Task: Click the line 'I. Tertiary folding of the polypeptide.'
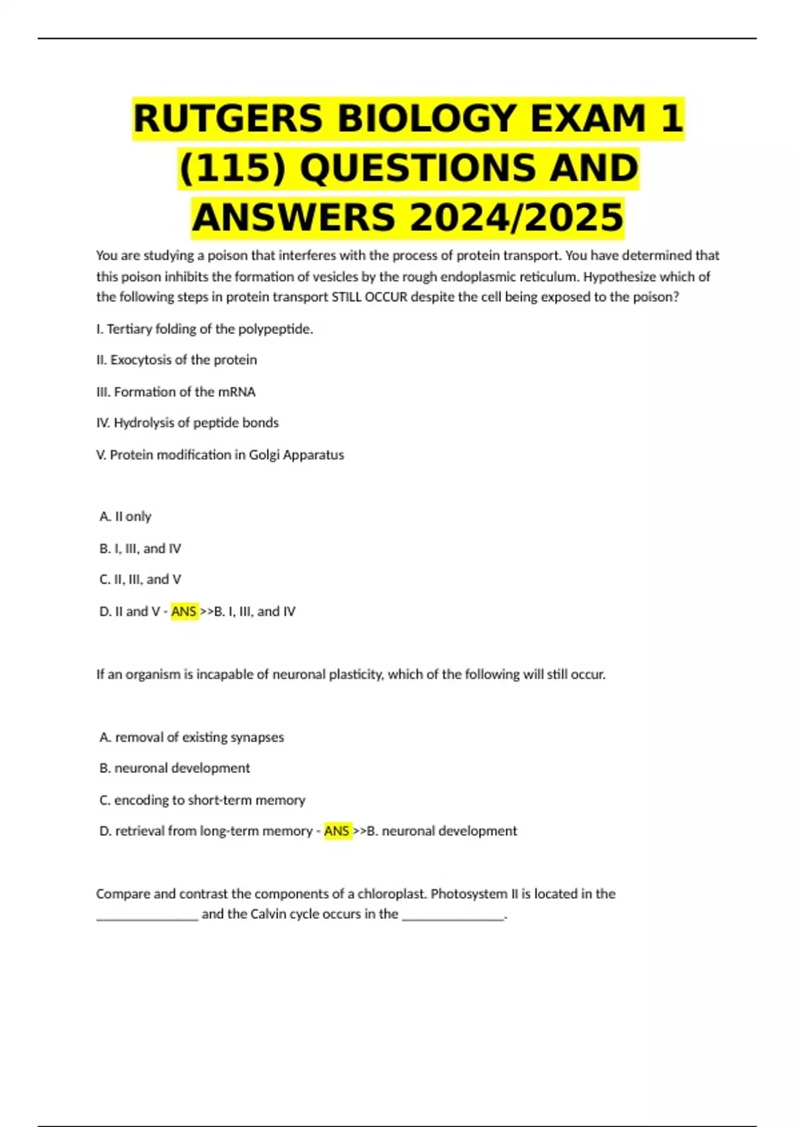tap(204, 329)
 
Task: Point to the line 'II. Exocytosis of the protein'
tap(176, 360)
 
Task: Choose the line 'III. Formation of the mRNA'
tap(176, 392)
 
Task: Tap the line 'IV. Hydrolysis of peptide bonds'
tap(187, 423)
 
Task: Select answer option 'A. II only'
tap(125, 516)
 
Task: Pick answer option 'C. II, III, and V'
tap(140, 579)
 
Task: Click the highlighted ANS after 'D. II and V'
tap(184, 611)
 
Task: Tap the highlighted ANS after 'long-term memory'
tap(337, 831)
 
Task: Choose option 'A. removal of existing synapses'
tap(191, 737)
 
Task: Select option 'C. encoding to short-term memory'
tap(202, 800)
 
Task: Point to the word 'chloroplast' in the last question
tap(392, 894)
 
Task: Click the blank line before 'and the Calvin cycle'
tap(147, 916)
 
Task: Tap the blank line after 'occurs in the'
tap(453, 916)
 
